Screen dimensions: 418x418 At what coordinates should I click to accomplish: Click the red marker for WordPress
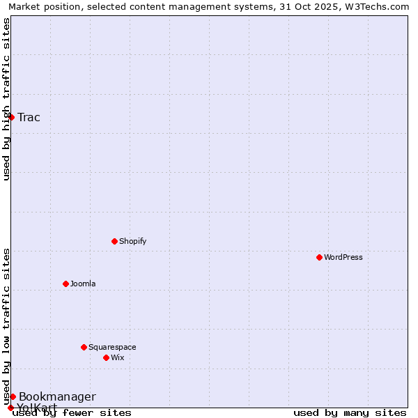[x=319, y=257]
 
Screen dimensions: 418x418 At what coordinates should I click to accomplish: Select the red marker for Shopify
[x=114, y=241]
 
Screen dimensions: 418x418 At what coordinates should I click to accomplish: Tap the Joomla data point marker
[x=65, y=284]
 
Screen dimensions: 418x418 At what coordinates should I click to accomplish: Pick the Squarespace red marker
[x=84, y=347]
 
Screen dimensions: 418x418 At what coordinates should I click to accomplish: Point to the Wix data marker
[x=106, y=357]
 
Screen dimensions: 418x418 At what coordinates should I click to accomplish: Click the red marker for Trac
[x=12, y=117]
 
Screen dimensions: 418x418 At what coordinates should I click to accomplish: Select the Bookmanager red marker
[x=13, y=396]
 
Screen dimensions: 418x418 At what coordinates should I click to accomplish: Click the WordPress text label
[x=343, y=257]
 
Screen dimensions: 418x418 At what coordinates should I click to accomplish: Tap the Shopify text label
[x=132, y=241]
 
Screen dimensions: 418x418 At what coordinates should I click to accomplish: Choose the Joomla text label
[x=83, y=284]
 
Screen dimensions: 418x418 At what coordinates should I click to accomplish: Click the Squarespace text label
[x=112, y=347]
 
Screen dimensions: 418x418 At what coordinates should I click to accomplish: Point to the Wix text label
[x=117, y=357]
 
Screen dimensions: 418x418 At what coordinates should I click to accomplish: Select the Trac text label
[x=29, y=117]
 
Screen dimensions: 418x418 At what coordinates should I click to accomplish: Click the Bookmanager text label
[x=57, y=397]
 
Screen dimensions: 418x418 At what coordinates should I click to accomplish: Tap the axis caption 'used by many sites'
[x=350, y=413]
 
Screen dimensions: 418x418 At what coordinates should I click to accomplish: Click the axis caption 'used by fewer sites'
[x=72, y=413]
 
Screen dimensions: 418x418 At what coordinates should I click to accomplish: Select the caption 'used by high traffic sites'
[x=7, y=99]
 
